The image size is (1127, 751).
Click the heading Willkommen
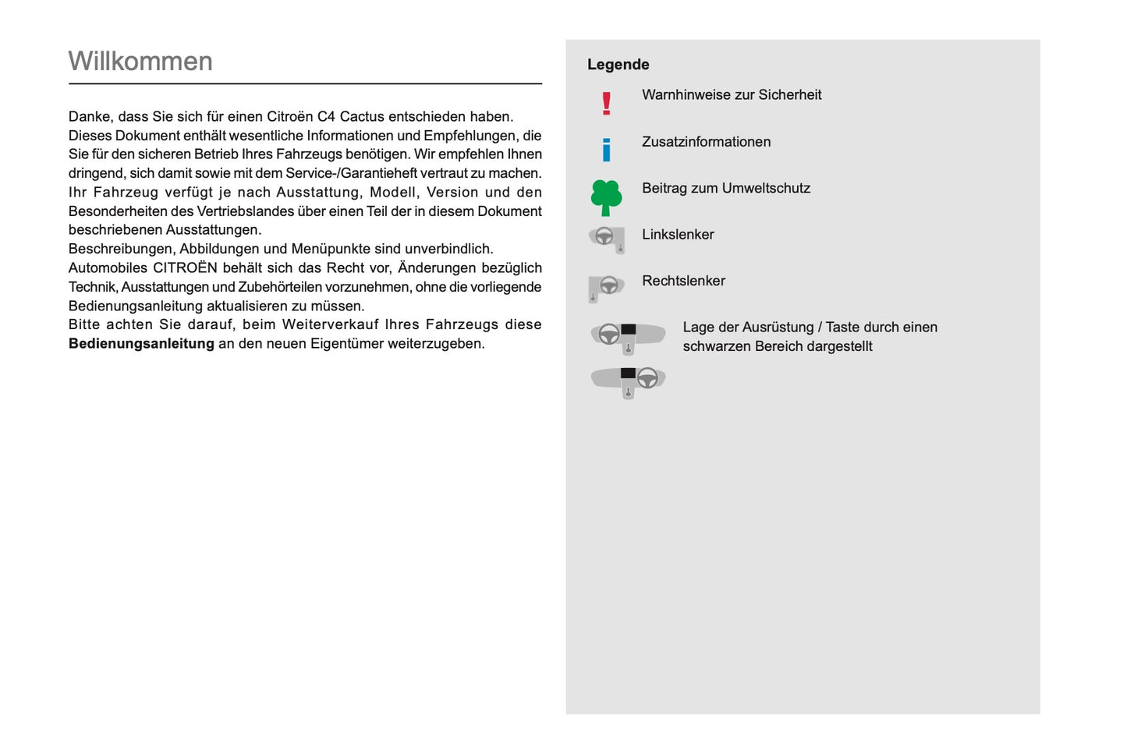point(140,62)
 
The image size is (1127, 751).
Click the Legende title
point(618,65)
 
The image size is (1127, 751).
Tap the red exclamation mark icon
point(606,103)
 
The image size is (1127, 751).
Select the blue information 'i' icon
point(606,149)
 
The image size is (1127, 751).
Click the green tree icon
point(606,197)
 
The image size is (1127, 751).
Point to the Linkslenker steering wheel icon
point(607,239)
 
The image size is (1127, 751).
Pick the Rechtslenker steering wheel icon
point(606,287)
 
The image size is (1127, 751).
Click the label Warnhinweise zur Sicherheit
point(731,95)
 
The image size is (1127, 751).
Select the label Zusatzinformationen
point(706,142)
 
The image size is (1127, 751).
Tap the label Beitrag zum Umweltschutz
point(725,188)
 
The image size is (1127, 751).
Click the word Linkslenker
point(678,235)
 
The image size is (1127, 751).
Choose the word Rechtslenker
point(683,281)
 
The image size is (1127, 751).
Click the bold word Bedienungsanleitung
point(141,344)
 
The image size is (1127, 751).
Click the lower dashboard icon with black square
point(628,381)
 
